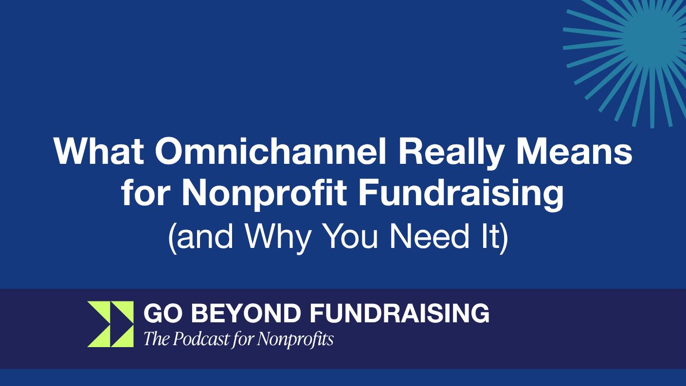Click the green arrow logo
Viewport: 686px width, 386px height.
click(x=110, y=324)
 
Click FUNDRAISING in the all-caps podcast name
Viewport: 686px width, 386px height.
click(x=399, y=313)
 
